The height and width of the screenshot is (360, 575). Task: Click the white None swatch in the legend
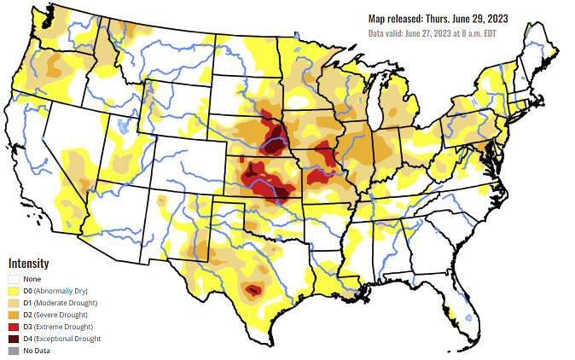click(14, 279)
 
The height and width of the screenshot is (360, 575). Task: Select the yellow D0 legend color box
click(14, 291)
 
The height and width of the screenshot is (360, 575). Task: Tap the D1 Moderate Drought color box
click(14, 303)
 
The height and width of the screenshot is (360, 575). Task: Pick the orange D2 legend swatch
click(14, 315)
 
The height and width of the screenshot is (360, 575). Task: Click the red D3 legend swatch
click(14, 327)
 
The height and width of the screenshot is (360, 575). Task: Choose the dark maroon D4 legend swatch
click(14, 339)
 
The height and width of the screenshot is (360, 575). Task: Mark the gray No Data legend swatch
click(14, 351)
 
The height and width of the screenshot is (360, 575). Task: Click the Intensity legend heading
click(28, 264)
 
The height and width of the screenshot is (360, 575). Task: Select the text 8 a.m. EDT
click(475, 33)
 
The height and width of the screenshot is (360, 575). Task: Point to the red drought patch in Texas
click(253, 290)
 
